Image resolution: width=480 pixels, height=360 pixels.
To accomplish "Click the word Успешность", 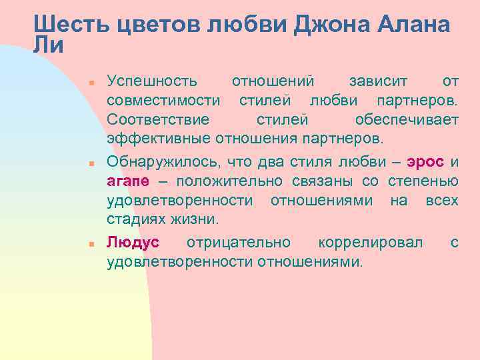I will pos(153,81).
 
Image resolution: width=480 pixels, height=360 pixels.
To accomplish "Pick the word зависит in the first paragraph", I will pos(375,81).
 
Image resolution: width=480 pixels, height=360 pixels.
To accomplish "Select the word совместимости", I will pos(164,101).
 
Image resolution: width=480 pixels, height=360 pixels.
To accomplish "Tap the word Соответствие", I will pos(158,120).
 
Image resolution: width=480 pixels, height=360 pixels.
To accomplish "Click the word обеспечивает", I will pos(407,120).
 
